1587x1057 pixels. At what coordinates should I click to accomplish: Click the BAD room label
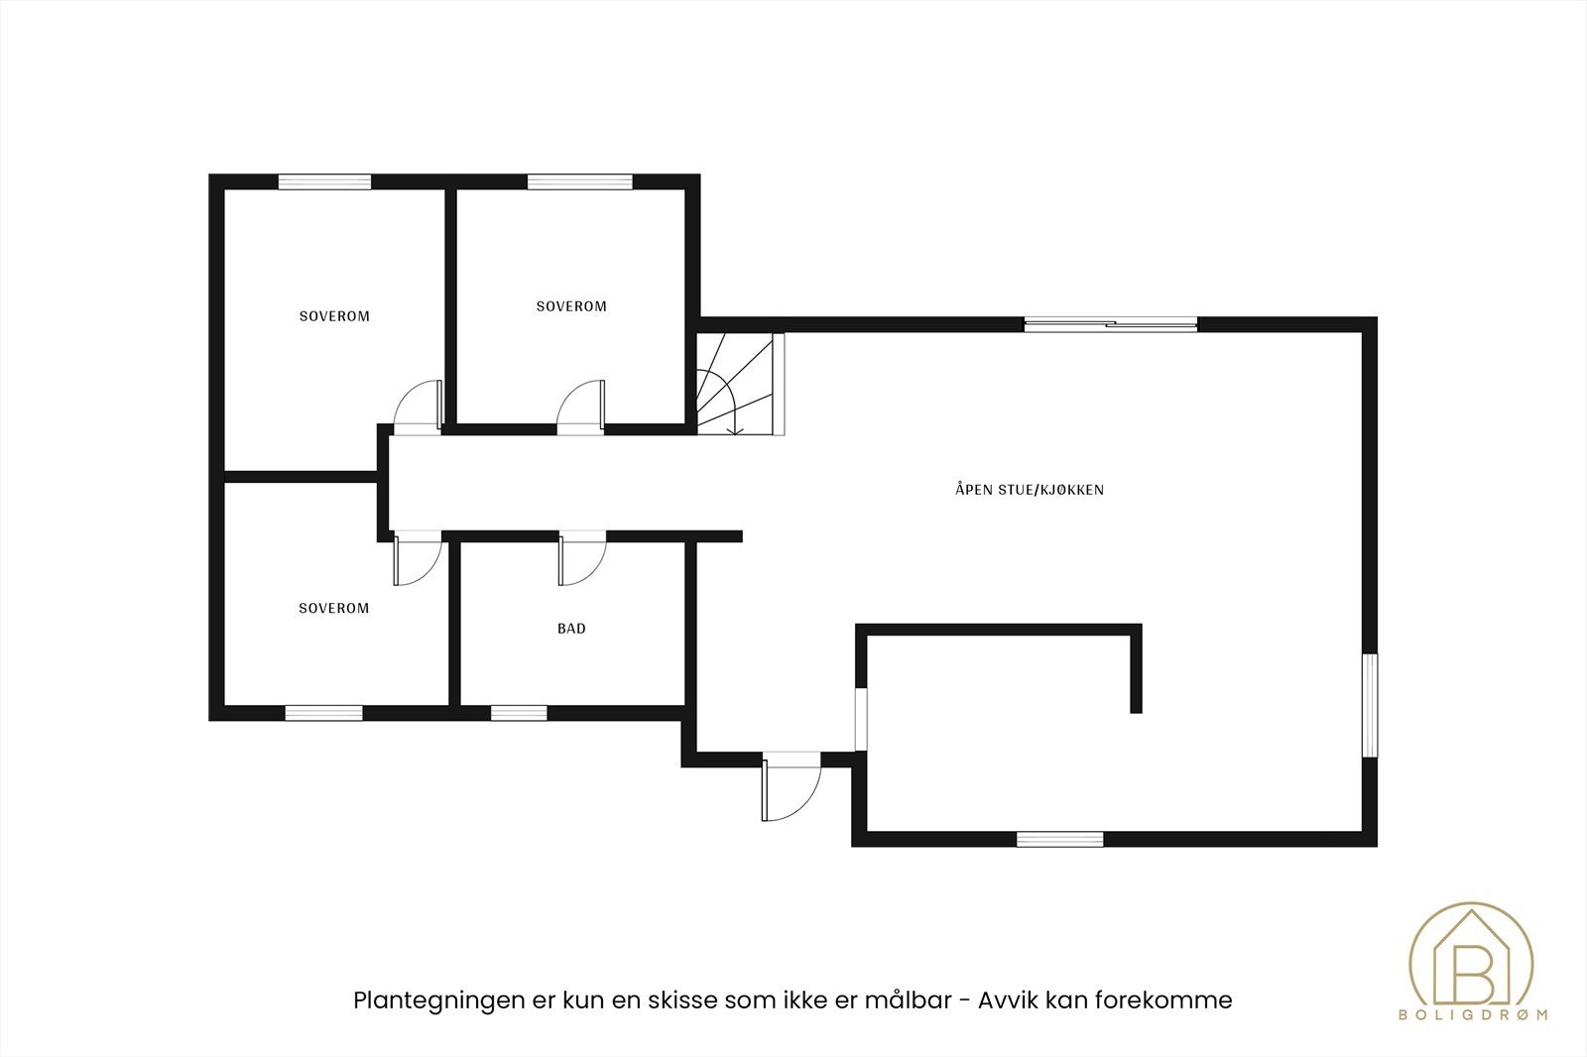[x=571, y=629]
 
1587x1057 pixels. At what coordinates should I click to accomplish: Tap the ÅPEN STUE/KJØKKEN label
[x=1030, y=490]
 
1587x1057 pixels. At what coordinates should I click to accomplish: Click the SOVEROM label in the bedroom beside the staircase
[x=571, y=306]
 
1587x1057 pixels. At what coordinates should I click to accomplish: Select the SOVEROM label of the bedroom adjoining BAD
[x=333, y=608]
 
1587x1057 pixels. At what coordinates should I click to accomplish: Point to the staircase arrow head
[x=734, y=430]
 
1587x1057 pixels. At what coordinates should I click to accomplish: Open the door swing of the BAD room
[x=582, y=560]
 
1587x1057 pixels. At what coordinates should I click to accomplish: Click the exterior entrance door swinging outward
[x=791, y=787]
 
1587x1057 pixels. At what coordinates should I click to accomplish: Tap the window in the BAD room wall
[x=519, y=712]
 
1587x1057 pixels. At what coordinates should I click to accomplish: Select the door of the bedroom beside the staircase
[x=581, y=408]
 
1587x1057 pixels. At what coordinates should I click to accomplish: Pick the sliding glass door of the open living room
[x=1110, y=323]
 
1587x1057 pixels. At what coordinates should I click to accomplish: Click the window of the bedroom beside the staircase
[x=579, y=181]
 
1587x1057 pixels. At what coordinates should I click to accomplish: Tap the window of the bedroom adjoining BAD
[x=323, y=712]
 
